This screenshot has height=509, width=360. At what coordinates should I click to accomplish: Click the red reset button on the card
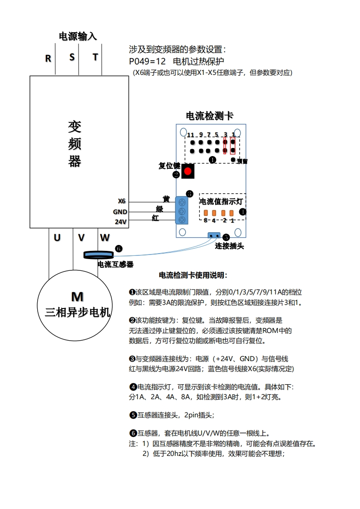tap(187, 171)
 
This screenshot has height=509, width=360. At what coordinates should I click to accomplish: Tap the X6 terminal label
tap(122, 201)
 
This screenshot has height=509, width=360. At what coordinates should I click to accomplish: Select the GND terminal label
tap(120, 212)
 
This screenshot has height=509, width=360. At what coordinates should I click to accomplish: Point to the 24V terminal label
tap(120, 222)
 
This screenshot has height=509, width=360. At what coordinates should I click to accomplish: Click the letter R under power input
tap(48, 59)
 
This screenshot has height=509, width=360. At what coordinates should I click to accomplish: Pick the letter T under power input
tap(95, 57)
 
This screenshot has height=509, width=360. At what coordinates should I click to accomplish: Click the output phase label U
tap(57, 237)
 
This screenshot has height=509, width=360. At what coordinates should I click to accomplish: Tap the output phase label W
tap(104, 237)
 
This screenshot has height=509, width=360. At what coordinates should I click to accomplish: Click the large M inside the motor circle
tap(77, 297)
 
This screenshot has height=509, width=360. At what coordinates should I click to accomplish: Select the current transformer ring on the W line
tap(98, 255)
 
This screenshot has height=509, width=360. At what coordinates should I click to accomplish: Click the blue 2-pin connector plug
tap(213, 235)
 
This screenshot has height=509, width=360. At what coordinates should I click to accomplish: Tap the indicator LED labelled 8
tap(205, 213)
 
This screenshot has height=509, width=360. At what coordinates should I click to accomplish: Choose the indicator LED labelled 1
tap(232, 213)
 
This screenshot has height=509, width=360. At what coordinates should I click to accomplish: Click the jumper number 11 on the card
tap(190, 135)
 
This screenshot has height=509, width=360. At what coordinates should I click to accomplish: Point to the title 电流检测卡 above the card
tap(210, 116)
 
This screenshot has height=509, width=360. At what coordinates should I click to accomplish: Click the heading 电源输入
tap(78, 36)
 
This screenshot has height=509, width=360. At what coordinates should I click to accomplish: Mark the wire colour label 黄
tap(166, 199)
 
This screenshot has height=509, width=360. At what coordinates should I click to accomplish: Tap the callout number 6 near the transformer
tap(118, 249)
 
